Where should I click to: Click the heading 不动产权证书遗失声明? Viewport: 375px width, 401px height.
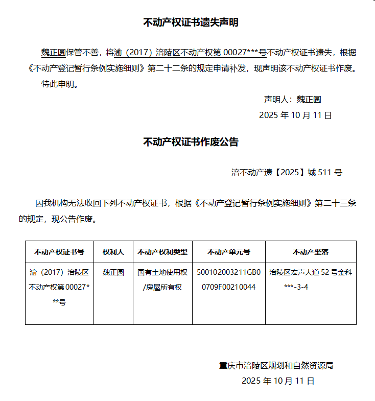click(x=191, y=22)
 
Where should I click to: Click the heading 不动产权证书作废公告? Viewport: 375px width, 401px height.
click(x=191, y=142)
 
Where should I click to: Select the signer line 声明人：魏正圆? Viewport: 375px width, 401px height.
click(x=292, y=99)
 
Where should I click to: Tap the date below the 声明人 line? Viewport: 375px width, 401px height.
click(x=295, y=115)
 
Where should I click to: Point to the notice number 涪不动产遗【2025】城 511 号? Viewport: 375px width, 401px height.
click(x=287, y=172)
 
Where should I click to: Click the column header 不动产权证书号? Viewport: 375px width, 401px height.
click(x=59, y=252)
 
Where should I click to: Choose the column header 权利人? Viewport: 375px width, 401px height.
click(x=113, y=252)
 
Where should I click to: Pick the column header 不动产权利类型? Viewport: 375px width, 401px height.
click(x=162, y=252)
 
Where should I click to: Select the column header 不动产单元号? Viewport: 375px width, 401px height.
click(x=229, y=252)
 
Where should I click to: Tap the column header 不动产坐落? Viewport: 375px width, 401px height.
click(x=311, y=252)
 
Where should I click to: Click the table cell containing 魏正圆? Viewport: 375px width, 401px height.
click(x=113, y=272)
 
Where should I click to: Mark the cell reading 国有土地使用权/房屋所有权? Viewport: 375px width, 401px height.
click(x=162, y=279)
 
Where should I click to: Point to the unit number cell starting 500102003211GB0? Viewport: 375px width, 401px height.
click(x=229, y=279)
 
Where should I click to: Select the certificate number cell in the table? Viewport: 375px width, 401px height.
click(x=59, y=287)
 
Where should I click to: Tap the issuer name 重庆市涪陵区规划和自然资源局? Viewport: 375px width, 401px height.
click(x=276, y=365)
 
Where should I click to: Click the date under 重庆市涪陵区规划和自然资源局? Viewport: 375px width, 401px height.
click(x=278, y=381)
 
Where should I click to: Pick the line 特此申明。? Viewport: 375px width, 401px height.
click(x=60, y=84)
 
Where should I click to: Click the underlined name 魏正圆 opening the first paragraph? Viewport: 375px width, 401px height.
click(x=53, y=53)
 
